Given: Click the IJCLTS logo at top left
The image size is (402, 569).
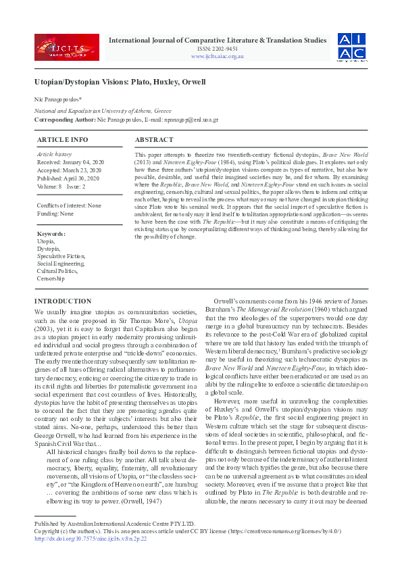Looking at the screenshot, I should pos(66,47).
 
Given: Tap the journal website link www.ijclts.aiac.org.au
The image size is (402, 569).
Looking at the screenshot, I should pos(217,56).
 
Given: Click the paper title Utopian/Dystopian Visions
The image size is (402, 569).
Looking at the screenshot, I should pos(120,82).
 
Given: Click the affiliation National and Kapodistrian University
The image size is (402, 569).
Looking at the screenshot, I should pos(102,110).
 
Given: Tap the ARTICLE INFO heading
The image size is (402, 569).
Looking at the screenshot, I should pos(62,140).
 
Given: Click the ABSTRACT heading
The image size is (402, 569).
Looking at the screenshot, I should pos(154,140).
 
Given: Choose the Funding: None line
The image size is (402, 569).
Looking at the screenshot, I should pos(55,213).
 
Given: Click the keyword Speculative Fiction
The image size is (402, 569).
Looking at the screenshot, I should pos(61,256).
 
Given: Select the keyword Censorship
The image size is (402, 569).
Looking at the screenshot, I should pos(51,278).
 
